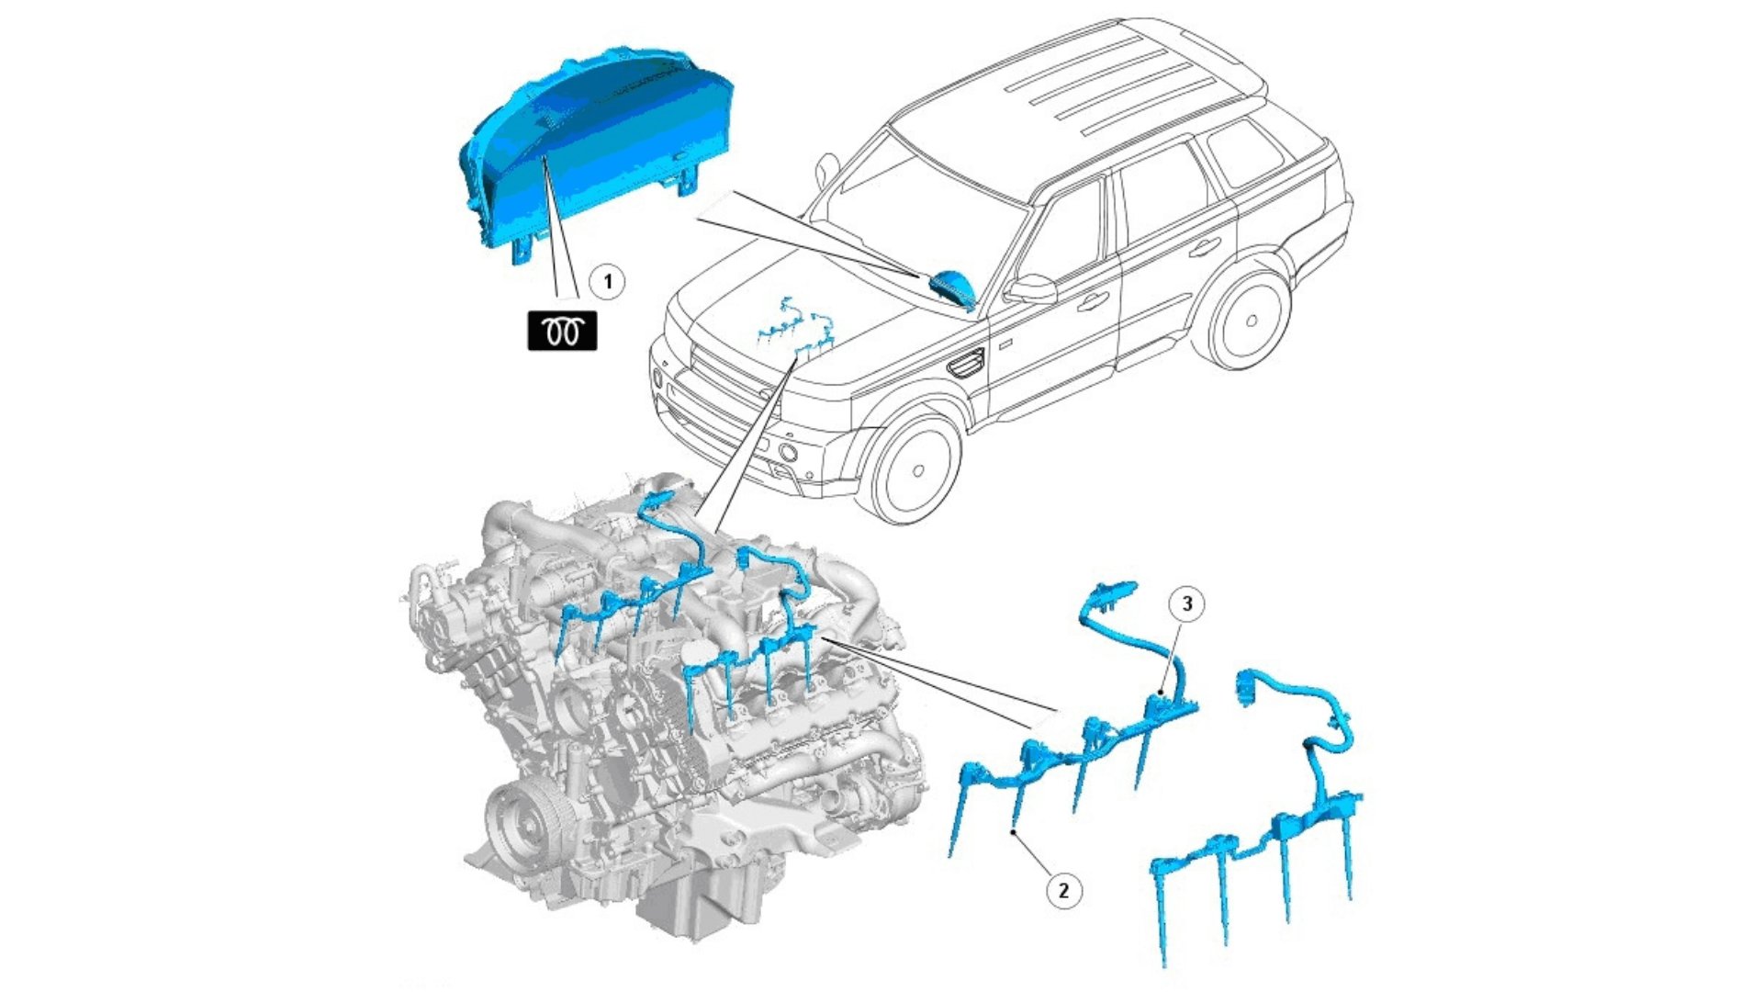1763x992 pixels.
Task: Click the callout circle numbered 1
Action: [x=607, y=281]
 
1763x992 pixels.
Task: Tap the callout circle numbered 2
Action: [x=1063, y=890]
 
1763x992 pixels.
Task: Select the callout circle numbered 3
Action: [x=1187, y=603]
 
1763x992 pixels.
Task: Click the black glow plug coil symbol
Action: [x=562, y=331]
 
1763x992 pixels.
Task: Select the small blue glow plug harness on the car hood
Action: [x=797, y=331]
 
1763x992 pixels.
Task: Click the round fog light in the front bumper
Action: [x=787, y=451]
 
